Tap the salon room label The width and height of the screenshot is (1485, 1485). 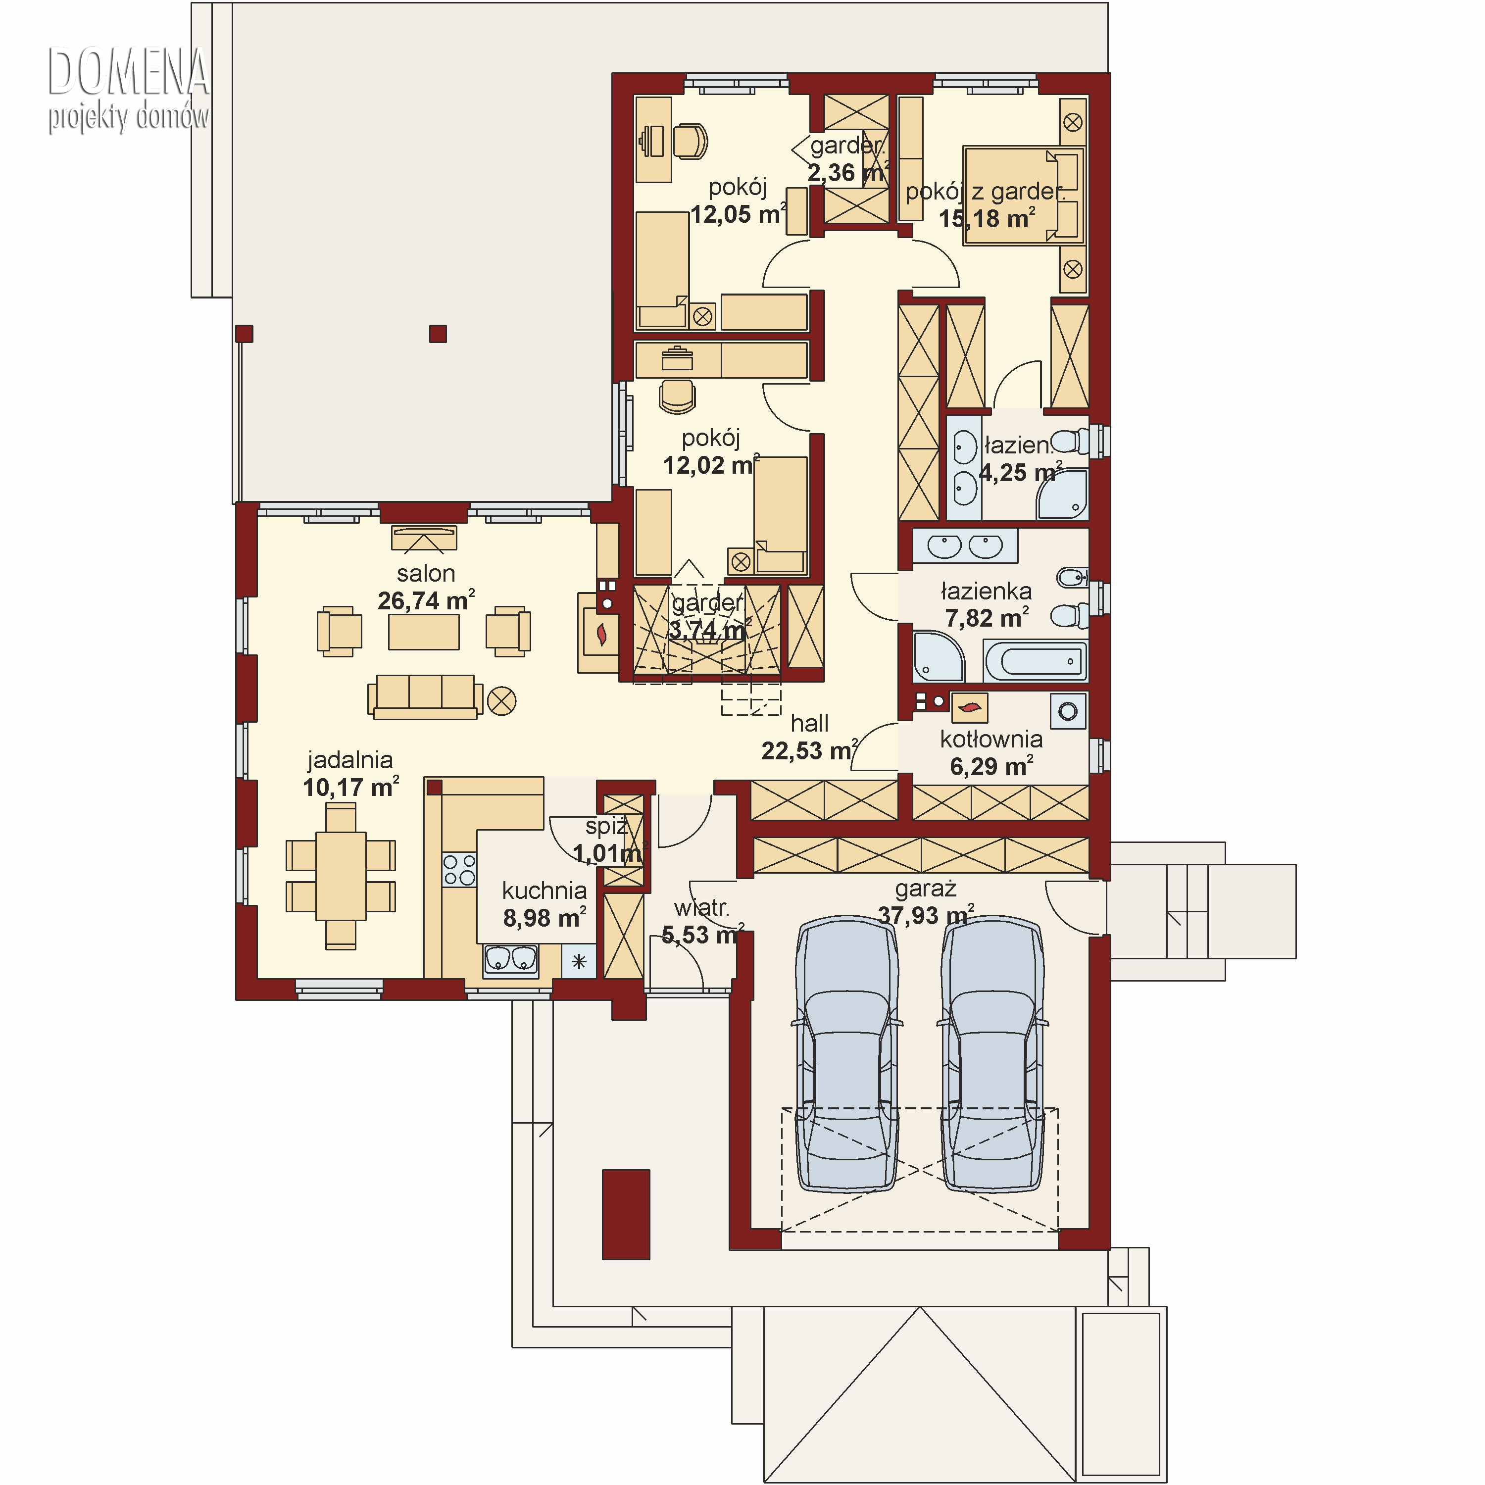click(x=426, y=573)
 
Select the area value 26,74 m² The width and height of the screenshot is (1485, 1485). click(x=426, y=600)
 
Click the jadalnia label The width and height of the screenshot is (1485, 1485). click(x=350, y=760)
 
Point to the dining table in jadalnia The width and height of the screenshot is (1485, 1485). click(x=341, y=876)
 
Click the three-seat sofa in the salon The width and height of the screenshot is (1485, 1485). click(x=425, y=697)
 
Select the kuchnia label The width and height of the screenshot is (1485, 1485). click(x=544, y=891)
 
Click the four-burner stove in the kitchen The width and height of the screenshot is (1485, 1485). click(x=460, y=869)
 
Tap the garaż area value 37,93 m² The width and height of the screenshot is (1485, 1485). click(x=926, y=915)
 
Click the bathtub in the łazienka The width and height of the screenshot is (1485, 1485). click(x=1036, y=661)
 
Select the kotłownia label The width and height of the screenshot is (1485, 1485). click(x=991, y=740)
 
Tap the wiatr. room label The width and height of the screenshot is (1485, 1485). click(x=701, y=908)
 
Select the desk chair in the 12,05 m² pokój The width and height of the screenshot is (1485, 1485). click(x=690, y=141)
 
